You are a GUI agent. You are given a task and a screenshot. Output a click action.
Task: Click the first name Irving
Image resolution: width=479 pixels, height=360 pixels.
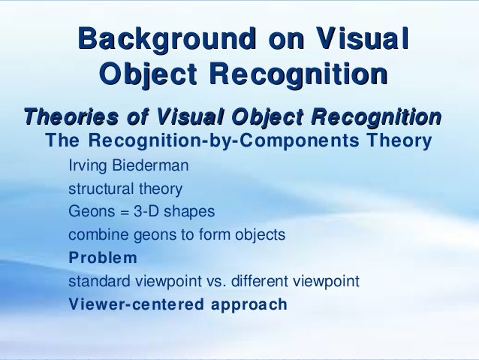click(x=89, y=165)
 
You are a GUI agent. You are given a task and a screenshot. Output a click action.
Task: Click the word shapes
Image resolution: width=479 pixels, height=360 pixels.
click(x=189, y=211)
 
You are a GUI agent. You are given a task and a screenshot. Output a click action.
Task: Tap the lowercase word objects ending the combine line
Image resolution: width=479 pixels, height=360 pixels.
click(x=260, y=234)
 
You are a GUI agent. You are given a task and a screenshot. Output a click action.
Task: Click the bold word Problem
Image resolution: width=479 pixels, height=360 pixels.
click(x=103, y=258)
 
